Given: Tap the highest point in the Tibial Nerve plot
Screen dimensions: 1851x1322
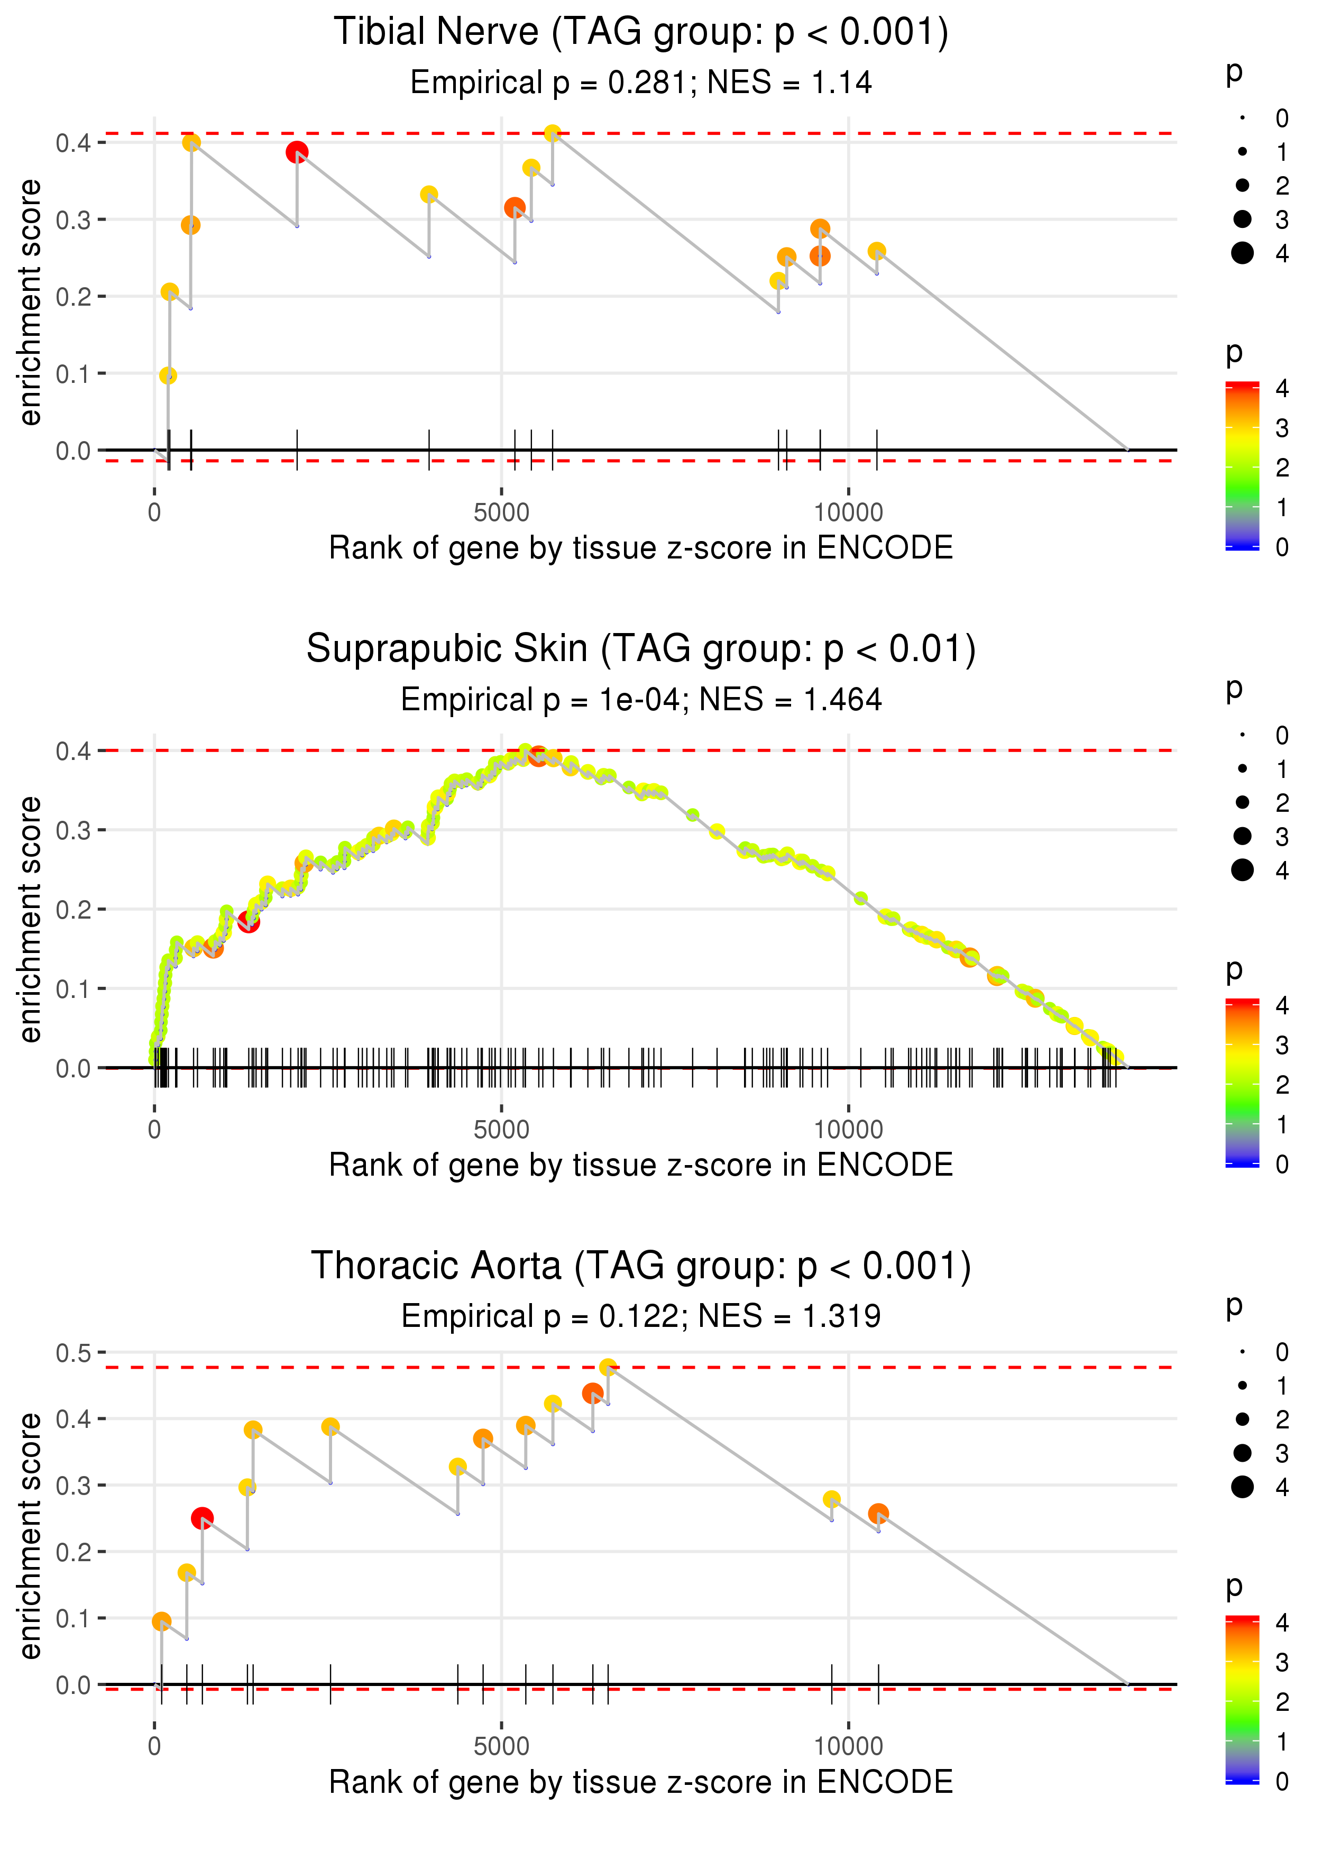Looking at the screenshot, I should (x=552, y=133).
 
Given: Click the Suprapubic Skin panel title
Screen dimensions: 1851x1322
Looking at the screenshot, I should (x=641, y=649).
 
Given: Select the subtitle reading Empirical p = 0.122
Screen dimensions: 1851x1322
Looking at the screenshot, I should (x=641, y=1316).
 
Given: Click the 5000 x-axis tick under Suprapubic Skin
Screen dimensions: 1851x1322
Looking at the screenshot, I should (x=501, y=1130).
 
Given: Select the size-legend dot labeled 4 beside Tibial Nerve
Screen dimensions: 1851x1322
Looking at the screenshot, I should (x=1242, y=253).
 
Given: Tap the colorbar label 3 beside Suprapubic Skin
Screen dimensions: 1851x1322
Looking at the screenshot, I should (x=1281, y=1044).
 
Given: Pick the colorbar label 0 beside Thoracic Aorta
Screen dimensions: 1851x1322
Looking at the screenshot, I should (x=1281, y=1782).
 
